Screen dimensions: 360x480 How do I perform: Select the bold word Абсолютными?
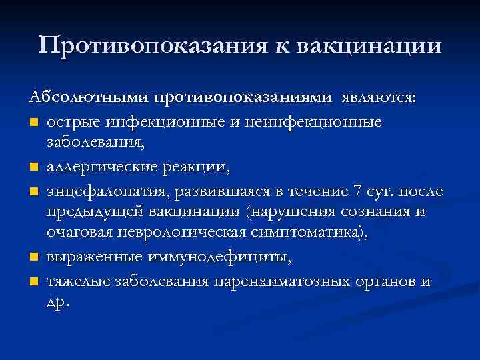click(x=89, y=97)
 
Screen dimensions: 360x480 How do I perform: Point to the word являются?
click(x=379, y=98)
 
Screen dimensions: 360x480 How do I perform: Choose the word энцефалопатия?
click(x=109, y=192)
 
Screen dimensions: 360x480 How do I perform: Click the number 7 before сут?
click(x=359, y=192)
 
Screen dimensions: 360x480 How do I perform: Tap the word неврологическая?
click(x=181, y=235)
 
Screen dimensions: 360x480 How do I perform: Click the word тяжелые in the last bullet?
click(x=79, y=281)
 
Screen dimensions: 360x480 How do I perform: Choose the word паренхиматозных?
click(x=280, y=281)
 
